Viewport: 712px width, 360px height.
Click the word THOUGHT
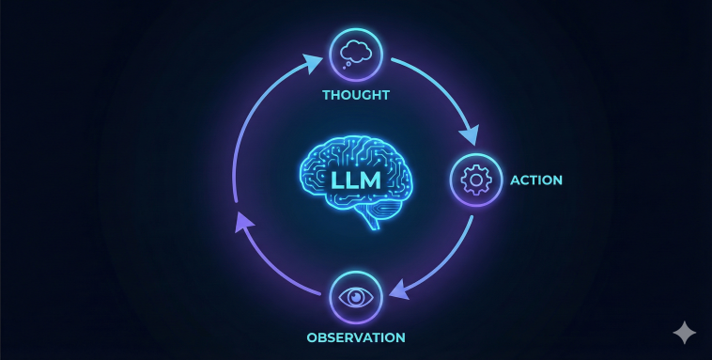pyautogui.click(x=355, y=95)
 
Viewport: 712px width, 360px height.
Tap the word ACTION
pyautogui.click(x=536, y=179)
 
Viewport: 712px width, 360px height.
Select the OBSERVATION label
pyautogui.click(x=355, y=337)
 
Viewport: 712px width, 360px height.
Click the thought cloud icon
pyautogui.click(x=356, y=52)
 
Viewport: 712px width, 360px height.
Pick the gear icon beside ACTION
pyautogui.click(x=477, y=178)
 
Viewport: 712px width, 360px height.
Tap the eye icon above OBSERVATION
pyautogui.click(x=355, y=297)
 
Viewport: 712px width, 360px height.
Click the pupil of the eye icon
pyautogui.click(x=355, y=297)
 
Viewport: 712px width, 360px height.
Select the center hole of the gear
pyautogui.click(x=477, y=178)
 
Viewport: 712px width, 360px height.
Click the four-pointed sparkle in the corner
pyautogui.click(x=684, y=333)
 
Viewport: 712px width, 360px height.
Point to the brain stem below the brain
pyautogui.click(x=373, y=219)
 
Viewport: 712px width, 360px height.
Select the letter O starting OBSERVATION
pyautogui.click(x=311, y=337)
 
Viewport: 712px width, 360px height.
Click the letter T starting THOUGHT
pyautogui.click(x=326, y=95)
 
